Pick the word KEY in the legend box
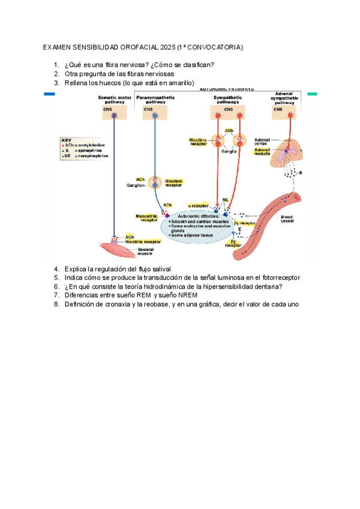tap(67, 140)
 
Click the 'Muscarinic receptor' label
tap(146, 217)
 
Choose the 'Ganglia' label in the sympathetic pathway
tap(229, 151)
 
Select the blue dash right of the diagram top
tap(49, 94)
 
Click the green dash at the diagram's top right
tap(312, 94)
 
